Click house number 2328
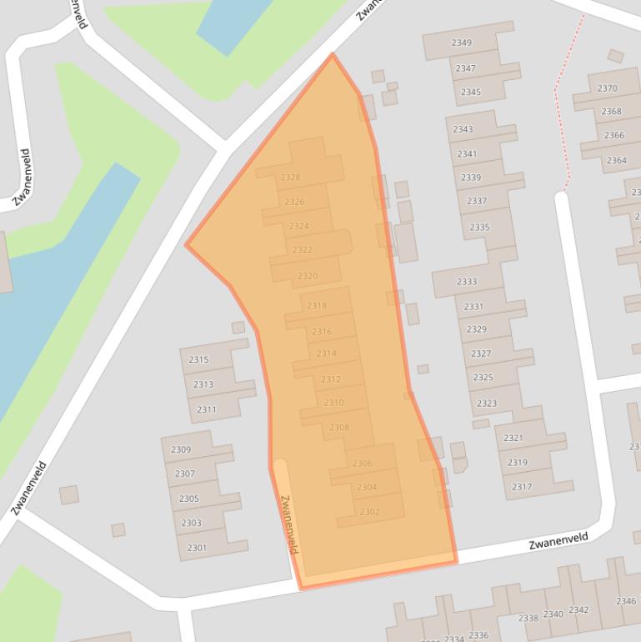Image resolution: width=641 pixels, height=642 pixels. [x=290, y=178]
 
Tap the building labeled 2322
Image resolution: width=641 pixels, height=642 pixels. [x=303, y=250]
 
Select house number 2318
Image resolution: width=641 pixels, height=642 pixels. [x=317, y=306]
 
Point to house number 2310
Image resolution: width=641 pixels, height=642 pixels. [x=333, y=403]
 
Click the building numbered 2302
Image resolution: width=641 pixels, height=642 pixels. [x=369, y=512]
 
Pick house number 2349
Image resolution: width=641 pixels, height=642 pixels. [x=461, y=43]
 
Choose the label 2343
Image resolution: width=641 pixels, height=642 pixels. [x=463, y=129]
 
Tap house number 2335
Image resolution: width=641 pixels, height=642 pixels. [x=479, y=228]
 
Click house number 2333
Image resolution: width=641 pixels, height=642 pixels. [x=467, y=282]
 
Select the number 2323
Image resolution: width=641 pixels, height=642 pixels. [x=487, y=404]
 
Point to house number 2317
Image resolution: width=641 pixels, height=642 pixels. [x=522, y=487]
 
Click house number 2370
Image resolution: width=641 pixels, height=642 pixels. [x=608, y=88]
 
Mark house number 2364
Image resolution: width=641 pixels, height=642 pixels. [x=616, y=160]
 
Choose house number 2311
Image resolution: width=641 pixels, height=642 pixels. [x=206, y=409]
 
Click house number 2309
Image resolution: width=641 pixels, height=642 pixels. [x=181, y=450]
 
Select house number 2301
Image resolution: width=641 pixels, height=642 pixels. [x=197, y=547]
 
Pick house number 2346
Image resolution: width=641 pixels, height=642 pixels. [x=626, y=601]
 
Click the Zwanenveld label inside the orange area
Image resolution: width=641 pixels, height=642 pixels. [x=289, y=524]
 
